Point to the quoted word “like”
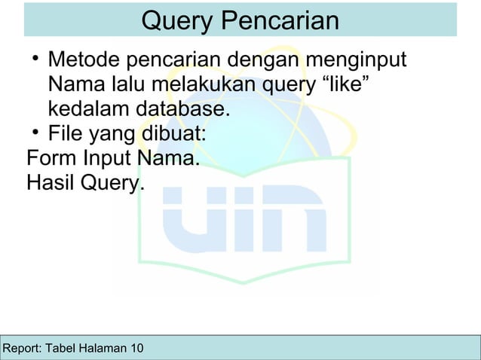pyautogui.click(x=345, y=84)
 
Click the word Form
pyautogui.click(x=52, y=160)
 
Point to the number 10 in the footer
pyautogui.click(x=135, y=349)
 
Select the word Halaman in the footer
pyautogui.click(x=103, y=349)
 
